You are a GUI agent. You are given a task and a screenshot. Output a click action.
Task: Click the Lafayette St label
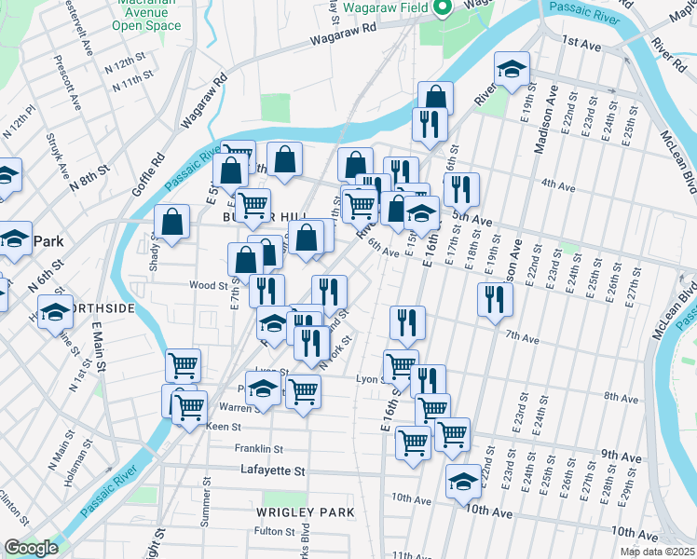273,471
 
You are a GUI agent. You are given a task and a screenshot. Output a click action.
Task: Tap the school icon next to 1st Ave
512,70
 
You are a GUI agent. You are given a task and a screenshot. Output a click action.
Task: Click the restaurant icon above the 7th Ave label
494,299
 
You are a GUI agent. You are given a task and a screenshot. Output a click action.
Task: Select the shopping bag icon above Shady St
172,223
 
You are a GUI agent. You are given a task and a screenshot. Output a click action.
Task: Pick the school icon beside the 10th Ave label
463,483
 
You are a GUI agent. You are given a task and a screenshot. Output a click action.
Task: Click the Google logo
31,548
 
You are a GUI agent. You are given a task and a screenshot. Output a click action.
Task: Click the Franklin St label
259,447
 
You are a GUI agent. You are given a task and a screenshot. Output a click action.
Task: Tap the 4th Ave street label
558,184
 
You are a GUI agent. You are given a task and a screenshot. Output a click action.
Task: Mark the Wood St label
208,286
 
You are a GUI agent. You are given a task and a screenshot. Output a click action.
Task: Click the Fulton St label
274,531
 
